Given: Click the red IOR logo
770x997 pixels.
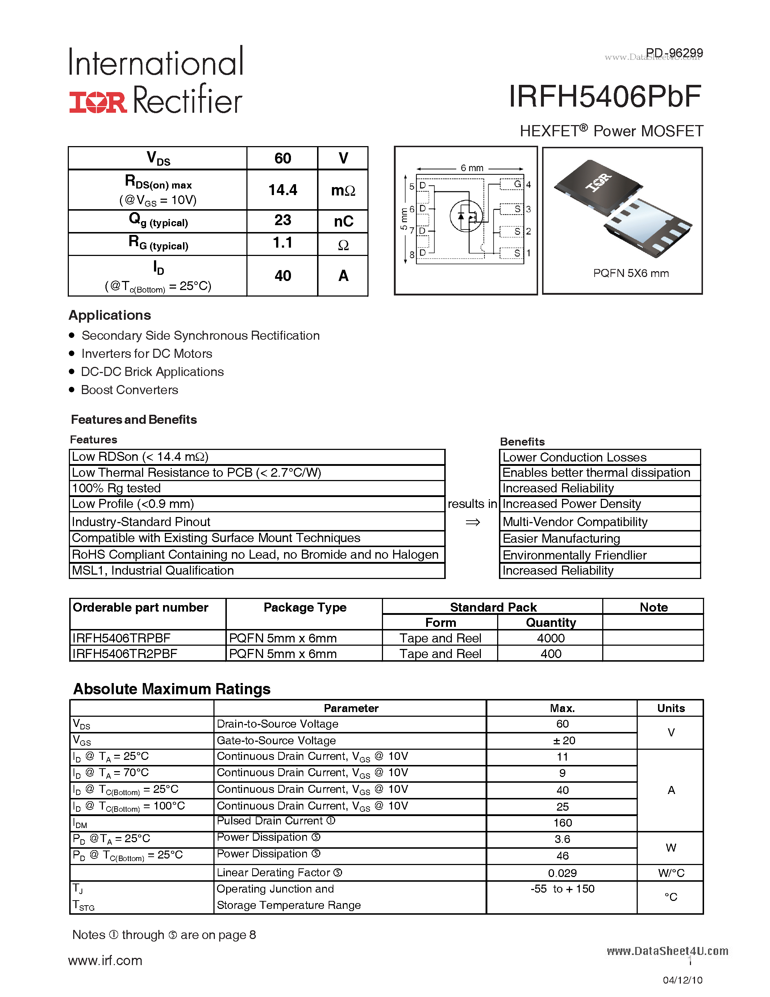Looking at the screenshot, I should click(x=97, y=102).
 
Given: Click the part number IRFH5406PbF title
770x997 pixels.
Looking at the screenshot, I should click(x=605, y=97).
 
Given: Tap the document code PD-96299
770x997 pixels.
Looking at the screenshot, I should click(x=674, y=53).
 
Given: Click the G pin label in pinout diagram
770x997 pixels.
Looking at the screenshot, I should click(x=517, y=184).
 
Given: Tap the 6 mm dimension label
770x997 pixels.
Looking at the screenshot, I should click(x=472, y=168).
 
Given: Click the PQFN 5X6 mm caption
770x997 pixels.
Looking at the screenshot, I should click(x=630, y=273).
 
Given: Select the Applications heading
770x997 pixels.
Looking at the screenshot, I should click(x=109, y=315).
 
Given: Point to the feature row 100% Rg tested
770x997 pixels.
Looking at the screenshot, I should click(x=116, y=488).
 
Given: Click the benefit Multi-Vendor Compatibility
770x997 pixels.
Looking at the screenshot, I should click(x=575, y=522).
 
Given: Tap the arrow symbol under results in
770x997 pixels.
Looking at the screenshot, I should click(x=473, y=522).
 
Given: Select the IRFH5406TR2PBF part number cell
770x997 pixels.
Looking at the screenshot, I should click(x=125, y=654).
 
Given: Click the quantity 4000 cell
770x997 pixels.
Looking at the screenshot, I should click(x=550, y=638).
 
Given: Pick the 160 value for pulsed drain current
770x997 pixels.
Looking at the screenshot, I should click(x=562, y=823).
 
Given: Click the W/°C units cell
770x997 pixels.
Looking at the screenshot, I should click(x=671, y=873).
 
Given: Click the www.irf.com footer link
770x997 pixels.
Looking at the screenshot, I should click(x=105, y=960).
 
